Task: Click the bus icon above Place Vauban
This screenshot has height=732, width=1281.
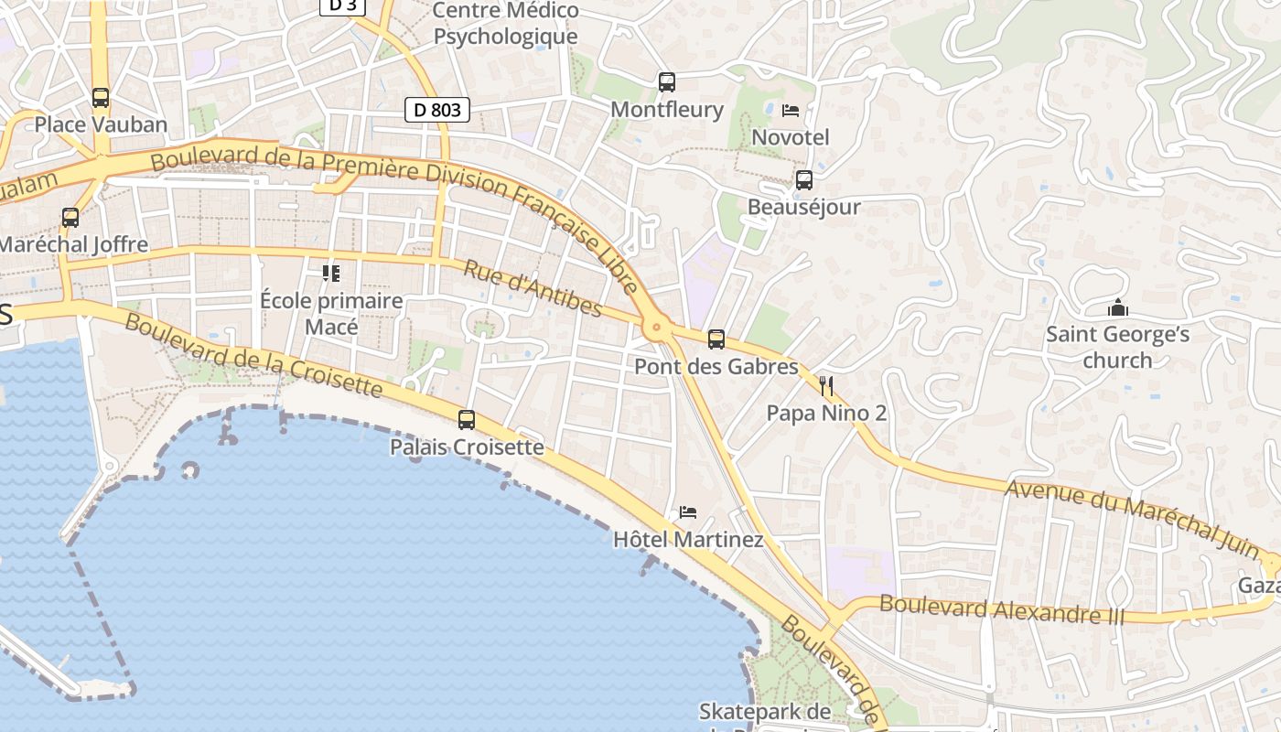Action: tap(101, 97)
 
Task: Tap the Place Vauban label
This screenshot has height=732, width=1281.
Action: tap(101, 124)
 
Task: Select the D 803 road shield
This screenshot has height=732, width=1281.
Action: tap(437, 110)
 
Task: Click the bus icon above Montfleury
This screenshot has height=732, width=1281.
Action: tap(667, 82)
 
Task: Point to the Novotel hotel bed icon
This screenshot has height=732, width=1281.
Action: tap(791, 111)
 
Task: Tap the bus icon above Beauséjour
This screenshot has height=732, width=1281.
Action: tap(804, 180)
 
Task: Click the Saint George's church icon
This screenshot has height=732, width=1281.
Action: tap(1117, 307)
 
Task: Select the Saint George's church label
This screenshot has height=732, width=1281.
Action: tap(1117, 347)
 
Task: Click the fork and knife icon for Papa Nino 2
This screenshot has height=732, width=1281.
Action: tap(826, 386)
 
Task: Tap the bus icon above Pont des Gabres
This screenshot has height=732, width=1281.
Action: tap(716, 339)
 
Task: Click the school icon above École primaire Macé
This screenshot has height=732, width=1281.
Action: tap(331, 273)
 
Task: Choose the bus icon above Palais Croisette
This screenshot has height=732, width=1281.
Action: tap(467, 420)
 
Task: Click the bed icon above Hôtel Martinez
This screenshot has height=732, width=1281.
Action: tap(688, 512)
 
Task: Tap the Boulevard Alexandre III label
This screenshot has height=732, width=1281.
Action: tap(1002, 609)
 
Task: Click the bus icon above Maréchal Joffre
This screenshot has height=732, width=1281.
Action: tap(70, 218)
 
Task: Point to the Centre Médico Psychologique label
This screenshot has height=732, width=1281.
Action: tap(506, 24)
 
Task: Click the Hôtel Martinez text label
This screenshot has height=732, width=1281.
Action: tap(688, 540)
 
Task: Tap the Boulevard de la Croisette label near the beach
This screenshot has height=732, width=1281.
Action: tap(253, 356)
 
